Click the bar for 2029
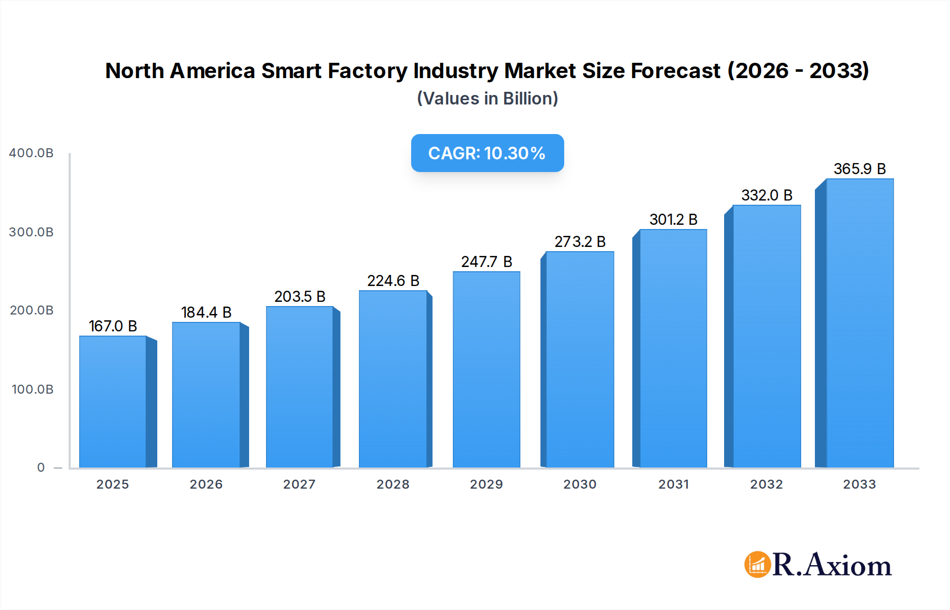pos(486,369)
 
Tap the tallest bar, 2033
pos(859,323)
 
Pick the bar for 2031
pos(673,348)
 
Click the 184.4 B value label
pos(206,312)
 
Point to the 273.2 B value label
pos(579,242)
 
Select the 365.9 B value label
pos(859,169)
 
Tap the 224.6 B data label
pos(393,281)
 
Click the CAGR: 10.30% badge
pos(487,153)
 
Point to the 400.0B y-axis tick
pos(32,153)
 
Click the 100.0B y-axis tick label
pos(33,389)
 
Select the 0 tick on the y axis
pos(41,468)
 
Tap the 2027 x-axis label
pos(299,484)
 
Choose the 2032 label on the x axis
pos(766,484)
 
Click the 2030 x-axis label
pos(579,484)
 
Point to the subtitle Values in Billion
pos(487,99)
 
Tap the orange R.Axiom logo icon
pos(757,565)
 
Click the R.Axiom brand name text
pos(832,565)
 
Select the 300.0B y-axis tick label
pos(32,232)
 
